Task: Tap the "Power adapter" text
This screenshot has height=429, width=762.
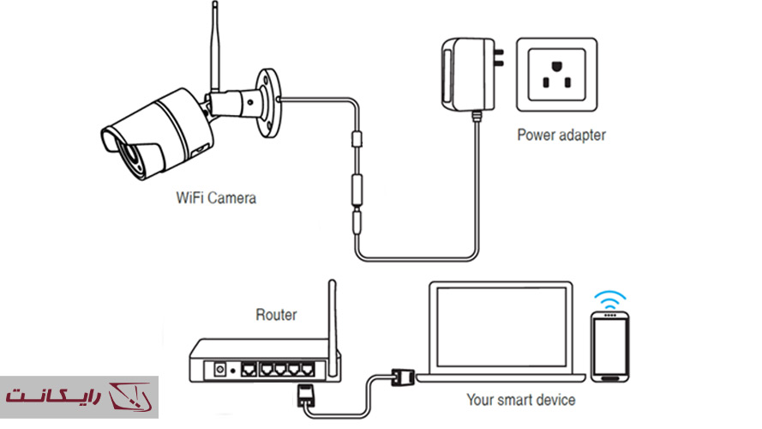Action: point(561,135)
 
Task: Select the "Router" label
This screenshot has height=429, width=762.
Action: point(276,315)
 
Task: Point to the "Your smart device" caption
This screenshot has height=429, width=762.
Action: point(520,400)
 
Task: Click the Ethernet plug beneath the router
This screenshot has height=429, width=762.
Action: point(305,395)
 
